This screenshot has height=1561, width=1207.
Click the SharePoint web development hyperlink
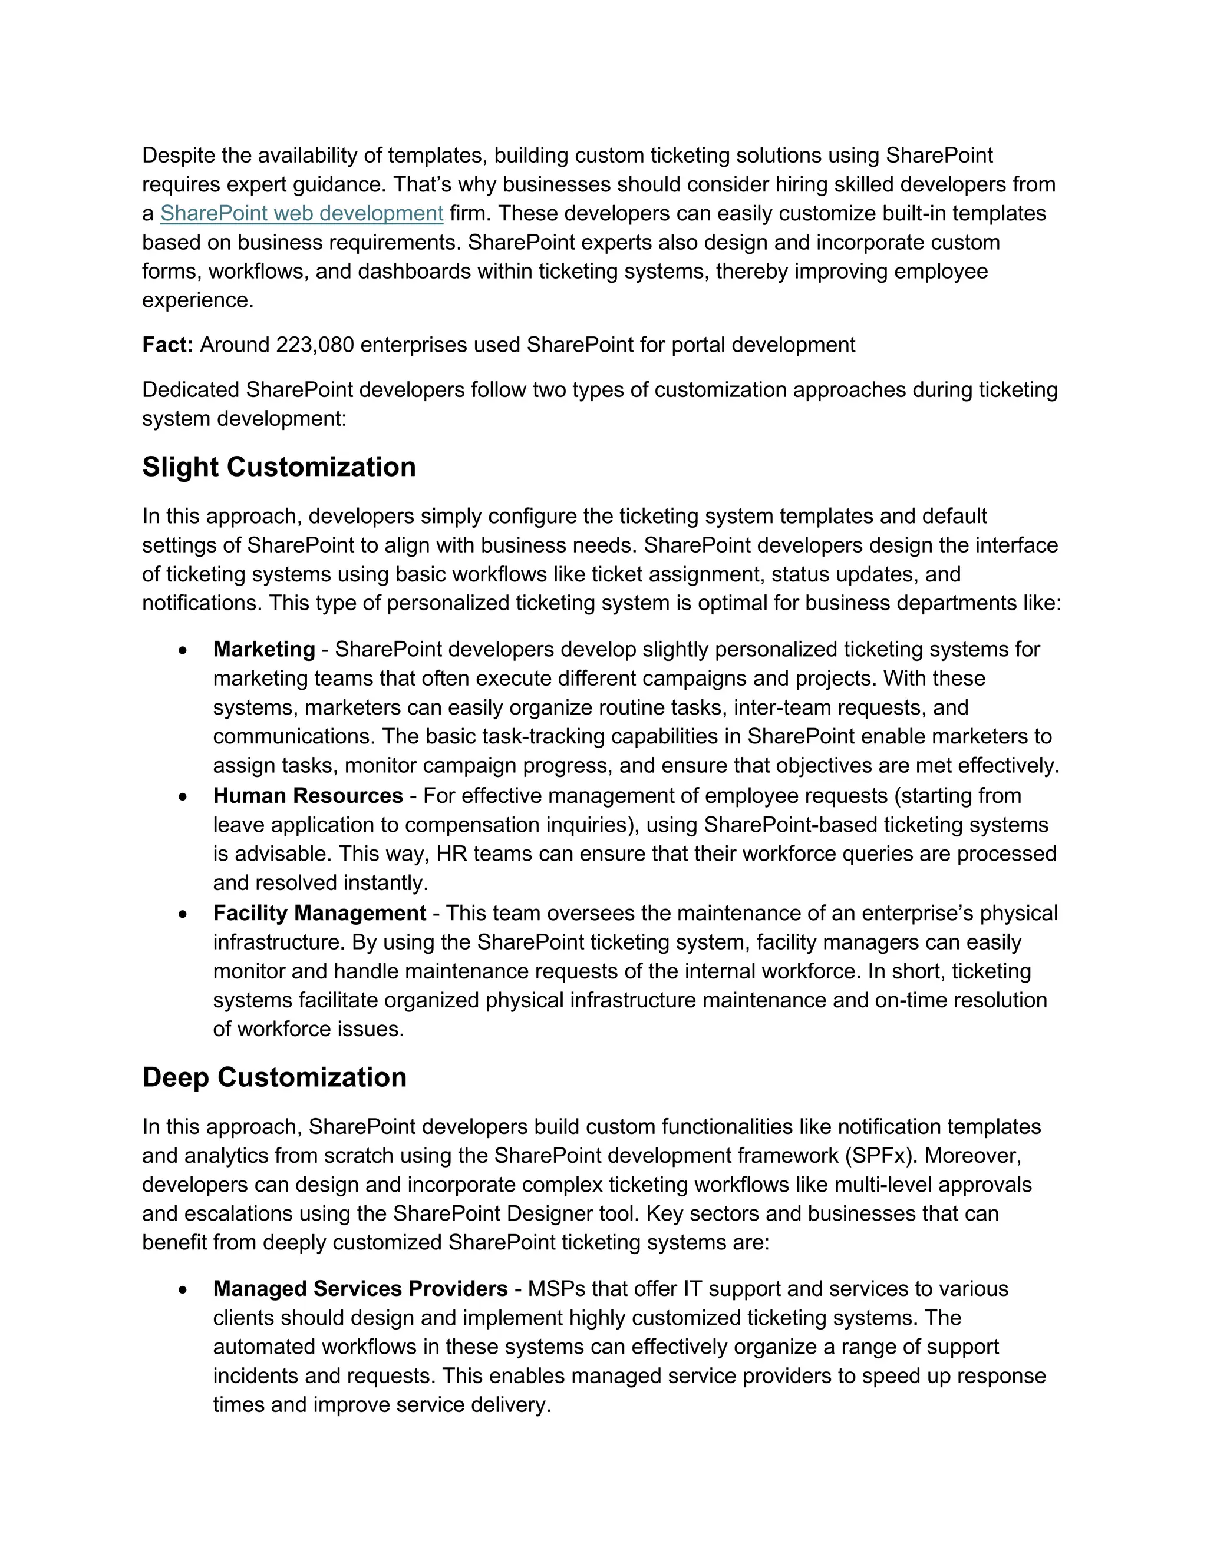[301, 214]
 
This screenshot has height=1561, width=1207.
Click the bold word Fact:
[167, 345]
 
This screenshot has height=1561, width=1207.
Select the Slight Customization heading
[279, 468]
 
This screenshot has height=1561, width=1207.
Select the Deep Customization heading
[274, 1078]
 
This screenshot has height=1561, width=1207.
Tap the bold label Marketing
[264, 650]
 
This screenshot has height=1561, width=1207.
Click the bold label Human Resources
[308, 796]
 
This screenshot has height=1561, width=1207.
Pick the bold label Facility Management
[319, 914]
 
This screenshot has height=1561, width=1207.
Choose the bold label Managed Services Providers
[360, 1289]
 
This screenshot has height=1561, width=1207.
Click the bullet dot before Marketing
[184, 651]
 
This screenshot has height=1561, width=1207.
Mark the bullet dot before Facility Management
[184, 915]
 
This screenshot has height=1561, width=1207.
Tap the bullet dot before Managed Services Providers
[184, 1290]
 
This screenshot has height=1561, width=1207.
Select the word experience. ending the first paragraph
[197, 301]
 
